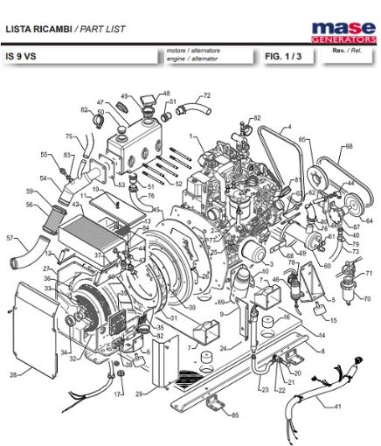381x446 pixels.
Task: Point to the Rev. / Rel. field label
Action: [x=345, y=52]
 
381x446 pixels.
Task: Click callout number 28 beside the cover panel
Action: [x=13, y=375]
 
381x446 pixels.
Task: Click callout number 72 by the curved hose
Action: [x=206, y=95]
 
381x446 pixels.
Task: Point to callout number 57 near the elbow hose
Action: [x=10, y=237]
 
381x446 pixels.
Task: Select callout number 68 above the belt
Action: [x=350, y=146]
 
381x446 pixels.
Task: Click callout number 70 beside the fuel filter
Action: [x=368, y=298]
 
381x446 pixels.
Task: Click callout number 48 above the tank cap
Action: [x=166, y=94]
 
